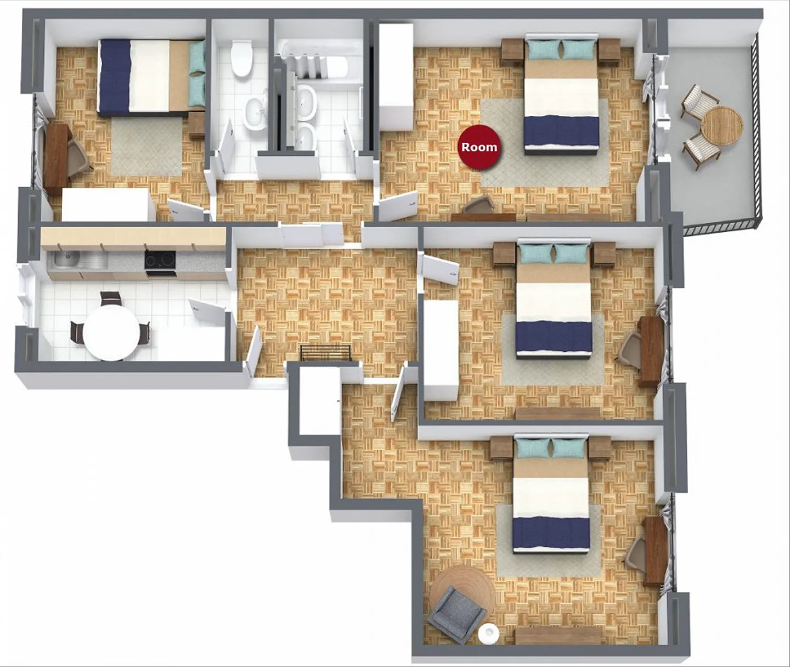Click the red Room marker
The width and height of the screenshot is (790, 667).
point(479,147)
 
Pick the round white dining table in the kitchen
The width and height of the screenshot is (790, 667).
point(111,332)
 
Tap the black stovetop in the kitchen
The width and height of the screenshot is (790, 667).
point(160,260)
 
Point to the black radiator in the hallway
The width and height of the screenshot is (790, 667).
point(326,353)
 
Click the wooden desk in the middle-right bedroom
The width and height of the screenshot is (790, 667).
point(651,351)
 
